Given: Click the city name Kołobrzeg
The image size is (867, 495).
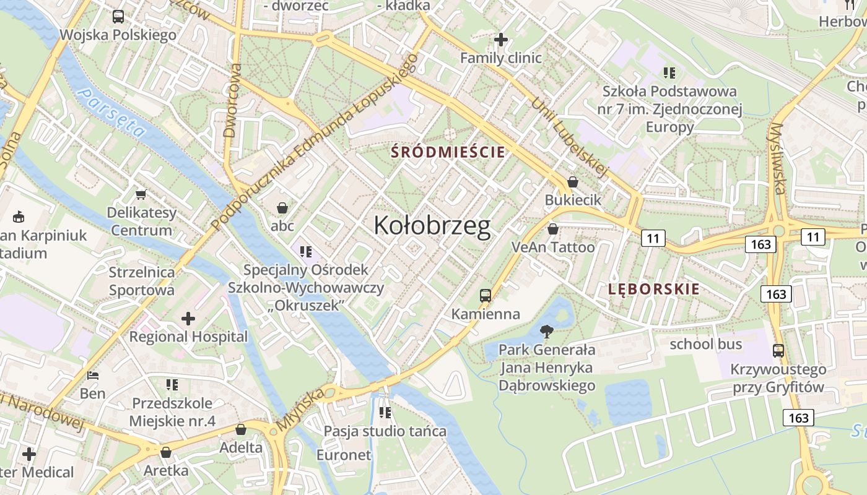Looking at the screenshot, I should coord(432,226).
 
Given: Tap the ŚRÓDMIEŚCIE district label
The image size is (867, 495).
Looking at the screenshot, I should coord(448,152).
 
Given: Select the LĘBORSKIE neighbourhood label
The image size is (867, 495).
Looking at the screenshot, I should coord(654,289).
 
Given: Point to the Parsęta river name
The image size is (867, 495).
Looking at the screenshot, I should coord(112,112).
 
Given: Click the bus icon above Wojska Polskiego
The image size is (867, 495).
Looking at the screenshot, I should coord(118,17).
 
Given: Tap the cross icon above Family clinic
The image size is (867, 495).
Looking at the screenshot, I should coord(500,40).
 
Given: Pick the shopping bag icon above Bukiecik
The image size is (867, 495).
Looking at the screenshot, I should coord(573,182).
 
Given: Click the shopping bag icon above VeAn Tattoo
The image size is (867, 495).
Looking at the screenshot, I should coord(553,229).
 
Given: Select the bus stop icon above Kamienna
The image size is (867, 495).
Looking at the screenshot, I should coord(486,296).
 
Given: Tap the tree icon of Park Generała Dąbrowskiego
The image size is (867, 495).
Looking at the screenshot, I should coord(547,332).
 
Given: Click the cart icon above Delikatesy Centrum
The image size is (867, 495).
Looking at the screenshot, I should coord(141,194).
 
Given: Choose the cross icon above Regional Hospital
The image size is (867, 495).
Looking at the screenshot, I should coord(188,319).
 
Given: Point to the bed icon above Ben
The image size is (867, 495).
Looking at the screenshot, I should coord(93,376).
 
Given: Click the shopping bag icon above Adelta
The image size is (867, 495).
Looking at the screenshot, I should coord(241,429).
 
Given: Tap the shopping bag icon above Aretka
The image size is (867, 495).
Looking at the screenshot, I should coord(165,452).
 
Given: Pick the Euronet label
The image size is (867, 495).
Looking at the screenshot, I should coord(344,455).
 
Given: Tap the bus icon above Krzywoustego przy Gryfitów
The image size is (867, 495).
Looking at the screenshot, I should coord(778,351).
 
